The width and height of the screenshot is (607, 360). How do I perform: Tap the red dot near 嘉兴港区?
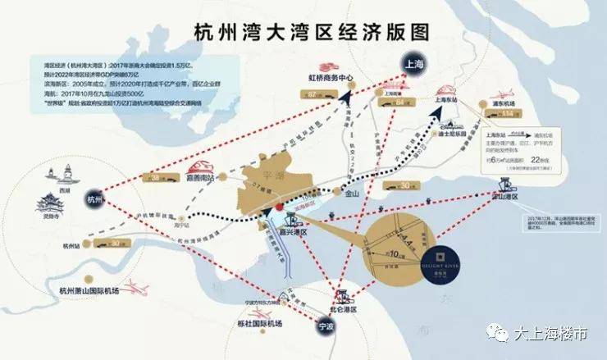[x=279, y=207]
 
